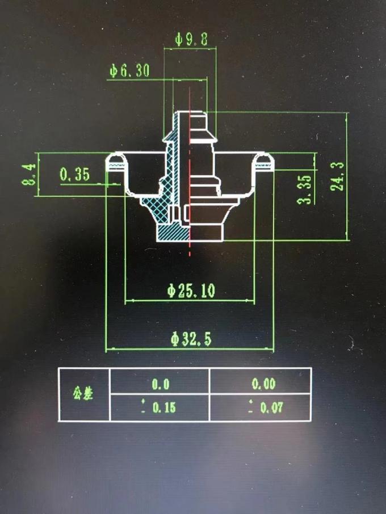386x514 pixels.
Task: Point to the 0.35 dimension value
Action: point(75,175)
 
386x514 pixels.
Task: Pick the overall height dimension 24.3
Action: point(338,175)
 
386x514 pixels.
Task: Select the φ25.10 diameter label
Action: point(191,291)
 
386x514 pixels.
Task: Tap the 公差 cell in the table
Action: point(83,394)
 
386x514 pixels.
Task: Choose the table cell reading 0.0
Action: point(160,384)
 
